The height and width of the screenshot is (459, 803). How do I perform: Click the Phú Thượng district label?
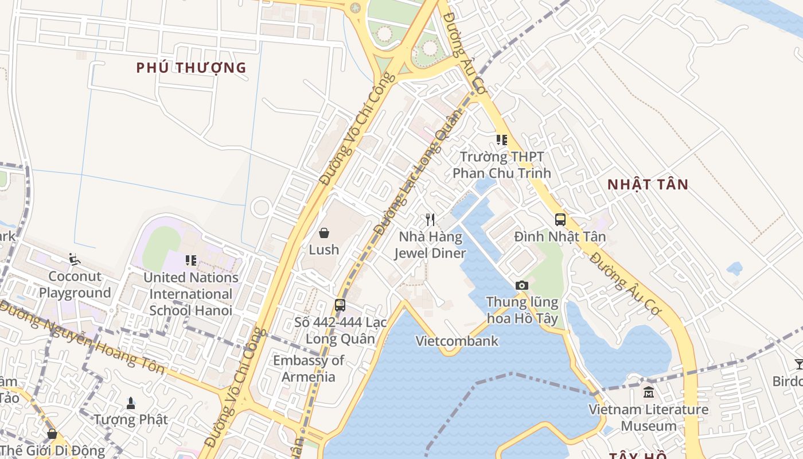(x=191, y=68)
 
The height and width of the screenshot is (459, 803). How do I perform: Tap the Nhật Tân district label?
(x=648, y=185)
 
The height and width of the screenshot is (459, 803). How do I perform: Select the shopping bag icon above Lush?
(x=324, y=233)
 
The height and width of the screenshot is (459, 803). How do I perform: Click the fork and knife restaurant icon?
(x=430, y=220)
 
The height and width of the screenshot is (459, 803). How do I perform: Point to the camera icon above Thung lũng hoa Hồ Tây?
(x=521, y=285)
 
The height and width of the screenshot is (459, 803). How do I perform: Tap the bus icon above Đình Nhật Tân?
(x=560, y=220)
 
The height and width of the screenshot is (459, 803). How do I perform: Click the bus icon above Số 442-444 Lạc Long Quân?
(x=340, y=305)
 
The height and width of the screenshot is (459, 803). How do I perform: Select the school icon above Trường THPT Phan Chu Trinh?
(x=502, y=140)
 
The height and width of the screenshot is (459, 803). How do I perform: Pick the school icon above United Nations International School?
(x=191, y=260)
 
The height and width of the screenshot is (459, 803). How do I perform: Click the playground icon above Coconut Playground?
(x=75, y=259)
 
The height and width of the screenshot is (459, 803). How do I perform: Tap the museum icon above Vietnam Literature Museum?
(x=649, y=392)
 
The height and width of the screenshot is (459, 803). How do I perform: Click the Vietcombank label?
(x=457, y=341)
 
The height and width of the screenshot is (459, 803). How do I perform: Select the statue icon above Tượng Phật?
(x=131, y=403)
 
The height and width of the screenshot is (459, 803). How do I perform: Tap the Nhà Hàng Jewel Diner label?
(x=430, y=245)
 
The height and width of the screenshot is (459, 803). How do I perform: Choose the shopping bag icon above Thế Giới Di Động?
(x=52, y=434)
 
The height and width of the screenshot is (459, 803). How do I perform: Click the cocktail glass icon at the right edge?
(x=798, y=364)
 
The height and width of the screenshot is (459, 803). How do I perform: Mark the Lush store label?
(x=324, y=250)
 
